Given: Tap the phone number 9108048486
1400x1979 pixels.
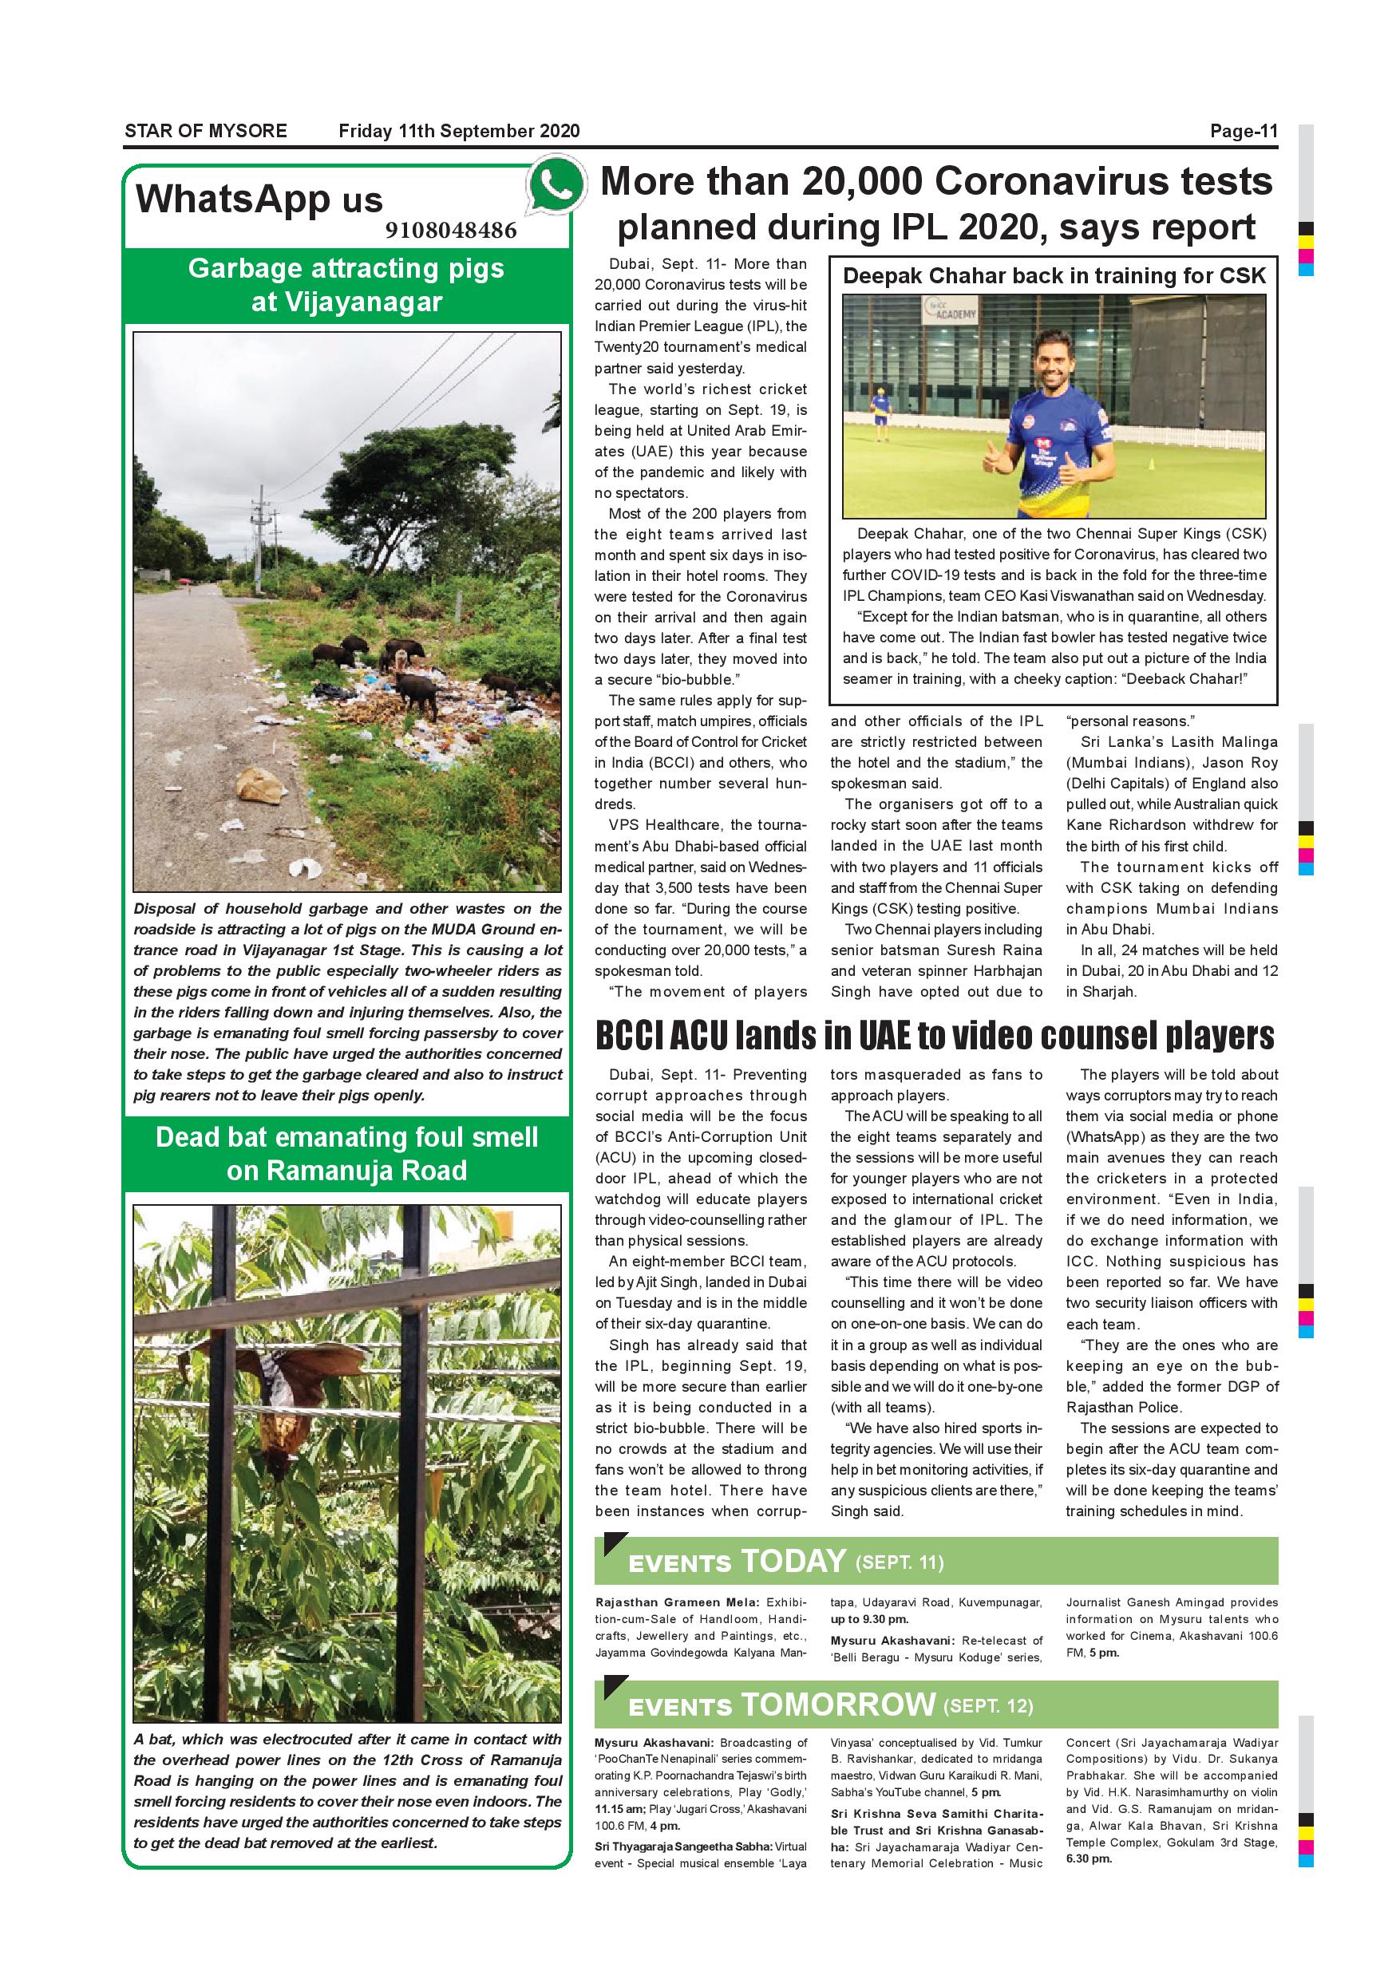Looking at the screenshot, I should (x=451, y=230).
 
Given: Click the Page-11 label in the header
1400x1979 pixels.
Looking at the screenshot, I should (x=1242, y=131).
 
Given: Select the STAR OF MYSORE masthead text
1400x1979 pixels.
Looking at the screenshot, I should (x=206, y=131).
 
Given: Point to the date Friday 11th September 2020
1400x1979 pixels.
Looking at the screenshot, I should (x=459, y=131).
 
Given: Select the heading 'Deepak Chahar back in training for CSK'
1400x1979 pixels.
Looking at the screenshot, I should (x=1054, y=276).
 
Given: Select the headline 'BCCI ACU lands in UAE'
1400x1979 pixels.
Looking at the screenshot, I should (x=935, y=1037).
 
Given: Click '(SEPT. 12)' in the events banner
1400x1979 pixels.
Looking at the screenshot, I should (x=988, y=1707).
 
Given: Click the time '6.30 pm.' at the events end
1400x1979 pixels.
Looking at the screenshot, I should (x=1089, y=1859).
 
